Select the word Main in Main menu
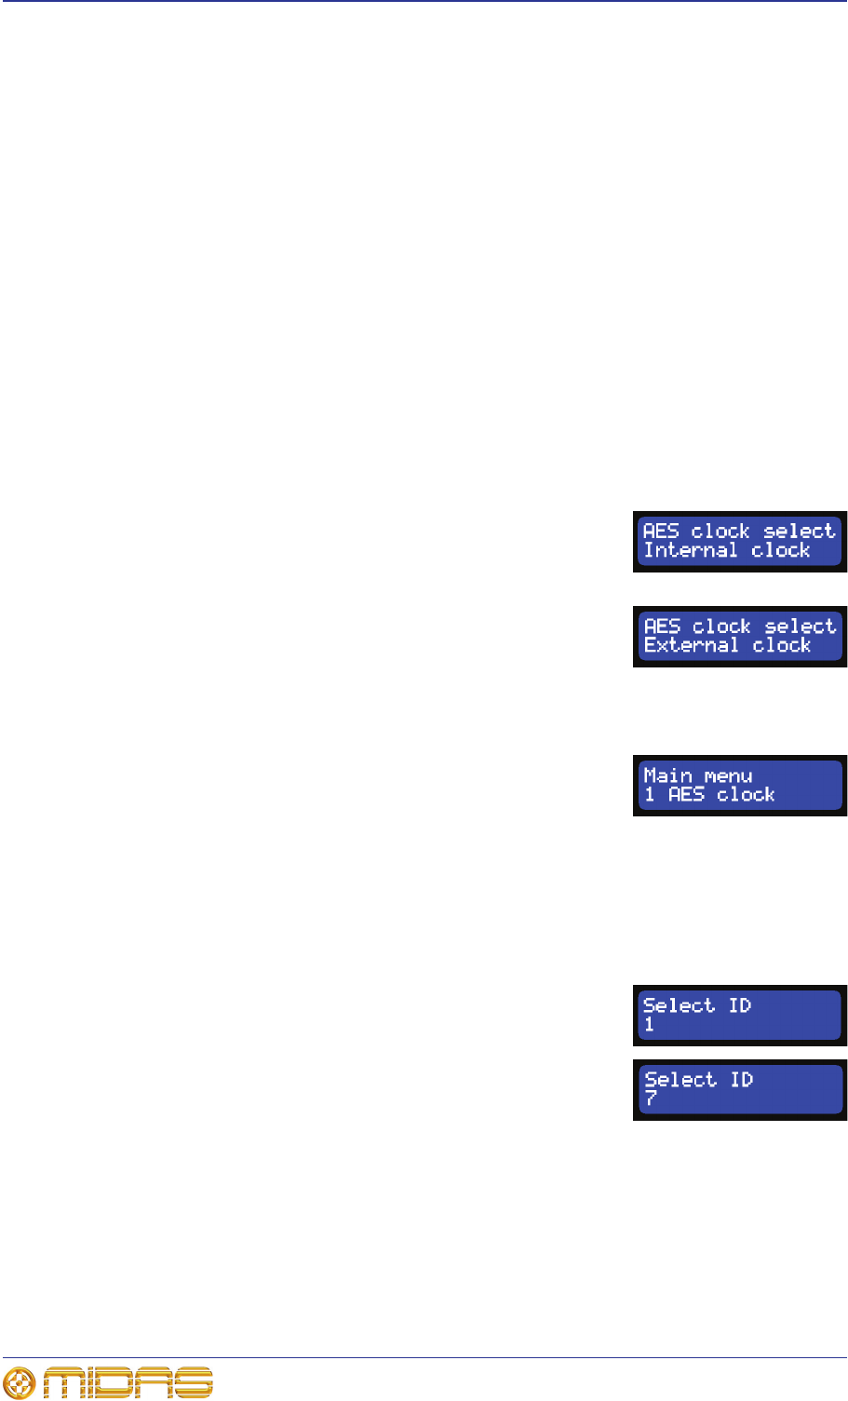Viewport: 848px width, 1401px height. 667,775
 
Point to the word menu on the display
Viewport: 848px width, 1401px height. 728,775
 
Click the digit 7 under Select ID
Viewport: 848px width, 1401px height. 651,1098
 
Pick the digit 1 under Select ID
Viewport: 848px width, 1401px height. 649,1024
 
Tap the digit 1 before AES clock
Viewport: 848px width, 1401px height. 650,794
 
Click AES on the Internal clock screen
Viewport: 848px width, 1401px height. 661,531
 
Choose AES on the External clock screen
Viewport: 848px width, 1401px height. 663,626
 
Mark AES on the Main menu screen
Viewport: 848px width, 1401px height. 686,794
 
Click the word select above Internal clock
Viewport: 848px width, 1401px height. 800,531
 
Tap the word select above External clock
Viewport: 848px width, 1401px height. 801,626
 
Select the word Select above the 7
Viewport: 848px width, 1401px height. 680,1080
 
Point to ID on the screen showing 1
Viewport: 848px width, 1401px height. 739,1005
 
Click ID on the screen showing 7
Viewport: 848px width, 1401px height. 741,1080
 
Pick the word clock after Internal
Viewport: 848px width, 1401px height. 781,550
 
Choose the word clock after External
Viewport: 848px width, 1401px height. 782,645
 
